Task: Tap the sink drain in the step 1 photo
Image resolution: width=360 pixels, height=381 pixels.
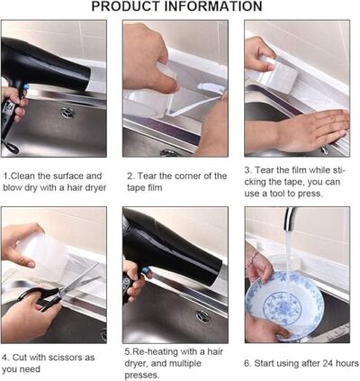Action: click(67, 113)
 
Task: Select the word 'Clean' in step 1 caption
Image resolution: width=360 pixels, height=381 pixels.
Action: click(26, 176)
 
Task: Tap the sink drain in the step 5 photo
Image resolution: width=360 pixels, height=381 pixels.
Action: click(203, 317)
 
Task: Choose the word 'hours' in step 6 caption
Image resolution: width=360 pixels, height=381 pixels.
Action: click(347, 363)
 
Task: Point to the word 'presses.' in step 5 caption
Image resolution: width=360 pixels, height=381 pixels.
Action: click(142, 376)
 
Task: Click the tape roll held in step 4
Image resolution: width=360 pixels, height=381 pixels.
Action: click(43, 252)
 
